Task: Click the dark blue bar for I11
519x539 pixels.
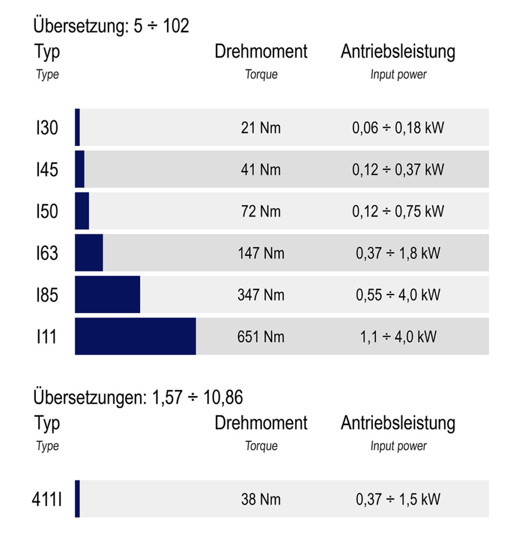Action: point(135,336)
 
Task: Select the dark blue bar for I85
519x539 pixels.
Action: point(107,295)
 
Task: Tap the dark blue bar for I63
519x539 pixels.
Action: point(89,253)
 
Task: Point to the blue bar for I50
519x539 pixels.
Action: point(82,211)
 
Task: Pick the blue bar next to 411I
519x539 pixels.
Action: point(77,498)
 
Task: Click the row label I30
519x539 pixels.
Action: point(47,128)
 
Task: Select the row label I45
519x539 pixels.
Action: point(47,169)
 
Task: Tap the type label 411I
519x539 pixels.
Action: point(47,499)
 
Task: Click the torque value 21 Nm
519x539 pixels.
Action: point(261,128)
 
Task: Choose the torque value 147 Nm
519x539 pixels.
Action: point(261,253)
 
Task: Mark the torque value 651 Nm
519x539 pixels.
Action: point(261,336)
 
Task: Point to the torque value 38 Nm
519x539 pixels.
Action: point(261,499)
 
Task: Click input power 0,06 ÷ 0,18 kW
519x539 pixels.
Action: point(398,128)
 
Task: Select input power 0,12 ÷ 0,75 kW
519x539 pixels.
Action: point(398,211)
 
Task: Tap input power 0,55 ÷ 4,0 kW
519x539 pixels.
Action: point(398,295)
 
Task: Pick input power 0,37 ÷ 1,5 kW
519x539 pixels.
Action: point(398,499)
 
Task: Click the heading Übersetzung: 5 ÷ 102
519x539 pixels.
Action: point(111,26)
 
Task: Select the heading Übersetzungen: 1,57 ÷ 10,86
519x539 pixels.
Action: point(138,397)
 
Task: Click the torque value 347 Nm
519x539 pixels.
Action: point(261,295)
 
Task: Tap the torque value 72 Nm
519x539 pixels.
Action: point(261,211)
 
